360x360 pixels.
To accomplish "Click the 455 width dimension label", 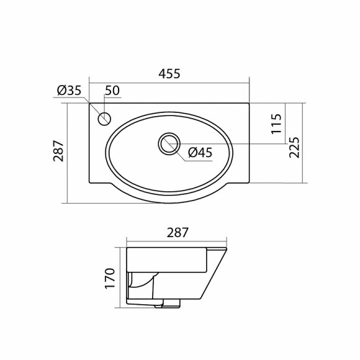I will [169, 74].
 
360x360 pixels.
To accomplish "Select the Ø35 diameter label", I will [70, 91].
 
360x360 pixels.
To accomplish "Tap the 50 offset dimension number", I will [112, 91].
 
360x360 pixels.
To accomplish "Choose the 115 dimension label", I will [277, 124].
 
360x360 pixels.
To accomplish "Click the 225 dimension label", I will [295, 147].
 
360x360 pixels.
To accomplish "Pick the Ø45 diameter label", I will [200, 152].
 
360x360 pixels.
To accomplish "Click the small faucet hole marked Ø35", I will [105, 117].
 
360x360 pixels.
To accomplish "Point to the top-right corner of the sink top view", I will [249, 104].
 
